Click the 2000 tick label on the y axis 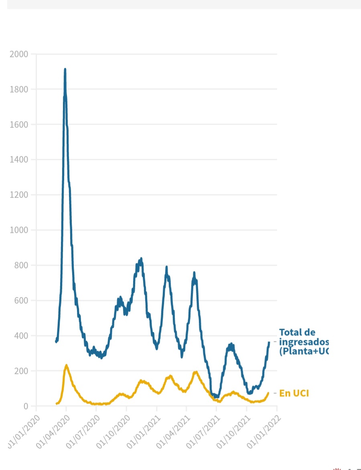19,54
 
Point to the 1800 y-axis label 19,89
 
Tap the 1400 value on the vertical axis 19,160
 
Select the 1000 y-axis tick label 19,230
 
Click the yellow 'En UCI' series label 294,393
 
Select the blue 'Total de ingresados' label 303,342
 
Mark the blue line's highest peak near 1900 65,70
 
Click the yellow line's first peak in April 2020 66,365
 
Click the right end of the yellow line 268,393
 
